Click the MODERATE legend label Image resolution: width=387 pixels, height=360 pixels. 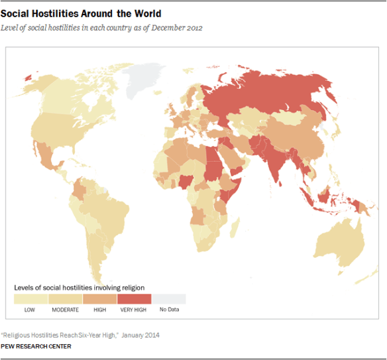click(x=65, y=310)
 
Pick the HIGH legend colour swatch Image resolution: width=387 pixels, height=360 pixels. click(x=99, y=299)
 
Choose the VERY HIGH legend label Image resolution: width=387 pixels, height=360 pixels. click(x=134, y=310)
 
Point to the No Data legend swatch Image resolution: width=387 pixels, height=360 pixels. click(x=168, y=299)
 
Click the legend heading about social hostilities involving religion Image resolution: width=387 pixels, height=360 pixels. click(x=80, y=288)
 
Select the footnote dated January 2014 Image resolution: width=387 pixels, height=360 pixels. click(x=80, y=335)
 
